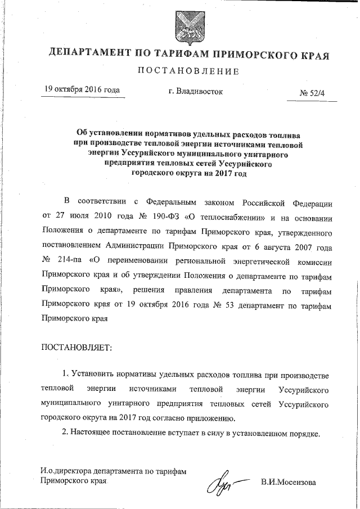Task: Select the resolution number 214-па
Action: [71, 262]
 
